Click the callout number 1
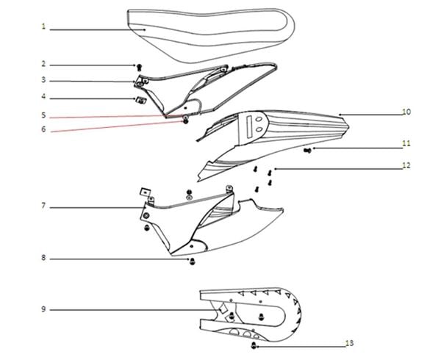click(x=43, y=26)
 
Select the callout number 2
click(x=43, y=64)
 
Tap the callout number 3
click(x=43, y=80)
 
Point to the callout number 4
click(x=43, y=97)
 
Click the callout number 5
click(x=43, y=115)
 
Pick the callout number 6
click(x=43, y=129)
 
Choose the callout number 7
click(x=43, y=206)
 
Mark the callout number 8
click(x=43, y=258)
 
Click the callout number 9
click(x=43, y=309)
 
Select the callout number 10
click(x=406, y=112)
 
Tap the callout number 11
click(x=406, y=143)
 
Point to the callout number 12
click(x=406, y=165)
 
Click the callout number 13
click(x=350, y=343)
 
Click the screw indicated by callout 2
click(x=139, y=67)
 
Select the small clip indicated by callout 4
click(x=140, y=100)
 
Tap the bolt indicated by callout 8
click(x=193, y=262)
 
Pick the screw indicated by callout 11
click(x=308, y=151)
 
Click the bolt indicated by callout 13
click(x=254, y=345)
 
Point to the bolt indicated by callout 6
click(x=185, y=121)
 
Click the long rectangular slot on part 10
click(x=249, y=127)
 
